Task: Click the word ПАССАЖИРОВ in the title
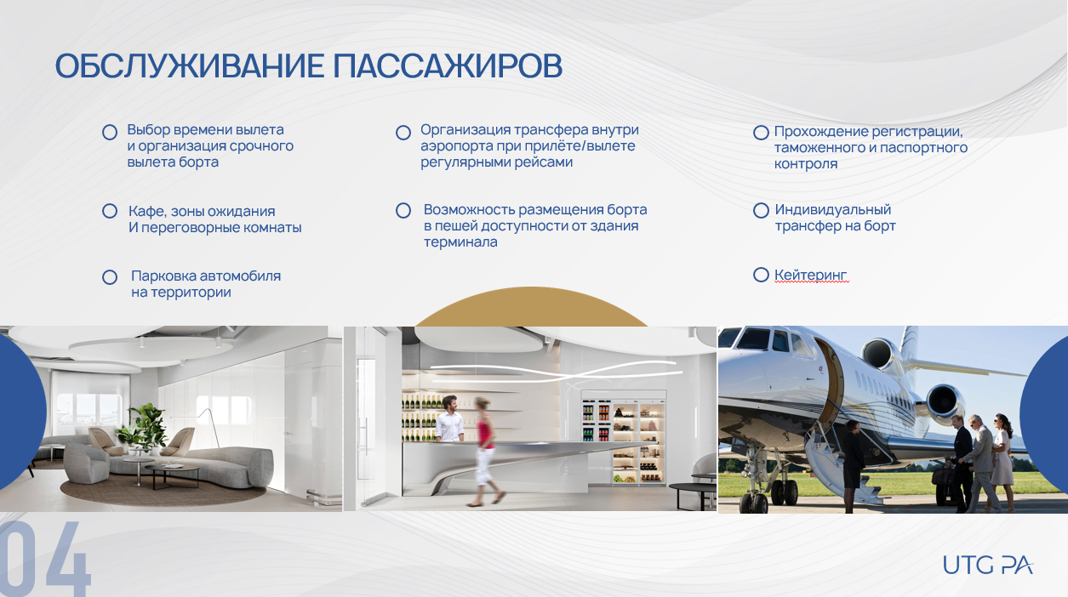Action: point(448,65)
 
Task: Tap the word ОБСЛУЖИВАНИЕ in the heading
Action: point(189,65)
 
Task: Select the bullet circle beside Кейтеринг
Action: point(761,275)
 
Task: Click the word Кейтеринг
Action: point(810,275)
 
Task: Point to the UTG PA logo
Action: point(987,565)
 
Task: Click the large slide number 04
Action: point(45,559)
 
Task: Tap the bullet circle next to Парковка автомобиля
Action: point(110,277)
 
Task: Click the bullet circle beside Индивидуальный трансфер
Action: point(761,210)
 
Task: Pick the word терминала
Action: point(460,242)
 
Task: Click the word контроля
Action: point(806,164)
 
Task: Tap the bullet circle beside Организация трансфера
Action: point(403,133)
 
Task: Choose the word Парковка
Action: point(163,276)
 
